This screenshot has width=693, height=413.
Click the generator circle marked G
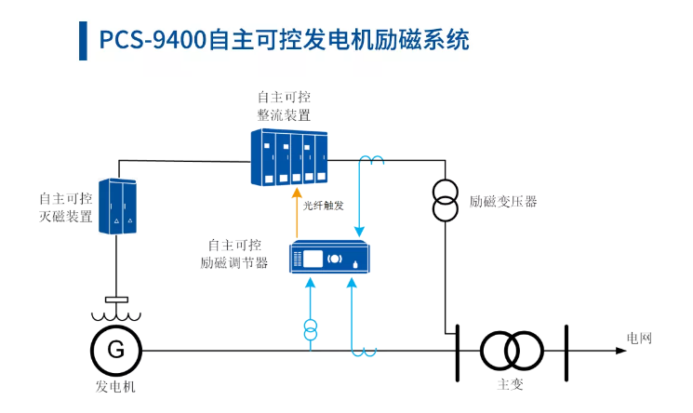coord(115,350)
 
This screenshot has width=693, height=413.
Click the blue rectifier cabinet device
coord(290,157)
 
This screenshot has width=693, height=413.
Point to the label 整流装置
coord(284,114)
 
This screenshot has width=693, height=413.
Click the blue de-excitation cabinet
coord(118,206)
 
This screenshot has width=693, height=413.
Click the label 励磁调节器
coord(234,262)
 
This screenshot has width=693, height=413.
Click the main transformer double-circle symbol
coord(512,351)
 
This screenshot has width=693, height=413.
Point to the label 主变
coord(511,383)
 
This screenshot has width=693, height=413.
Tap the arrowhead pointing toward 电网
coord(620,351)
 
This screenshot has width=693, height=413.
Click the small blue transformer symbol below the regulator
coord(311,329)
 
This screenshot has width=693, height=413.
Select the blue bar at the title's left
coord(84,40)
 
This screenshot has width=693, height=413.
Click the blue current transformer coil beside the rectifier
coord(372,161)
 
